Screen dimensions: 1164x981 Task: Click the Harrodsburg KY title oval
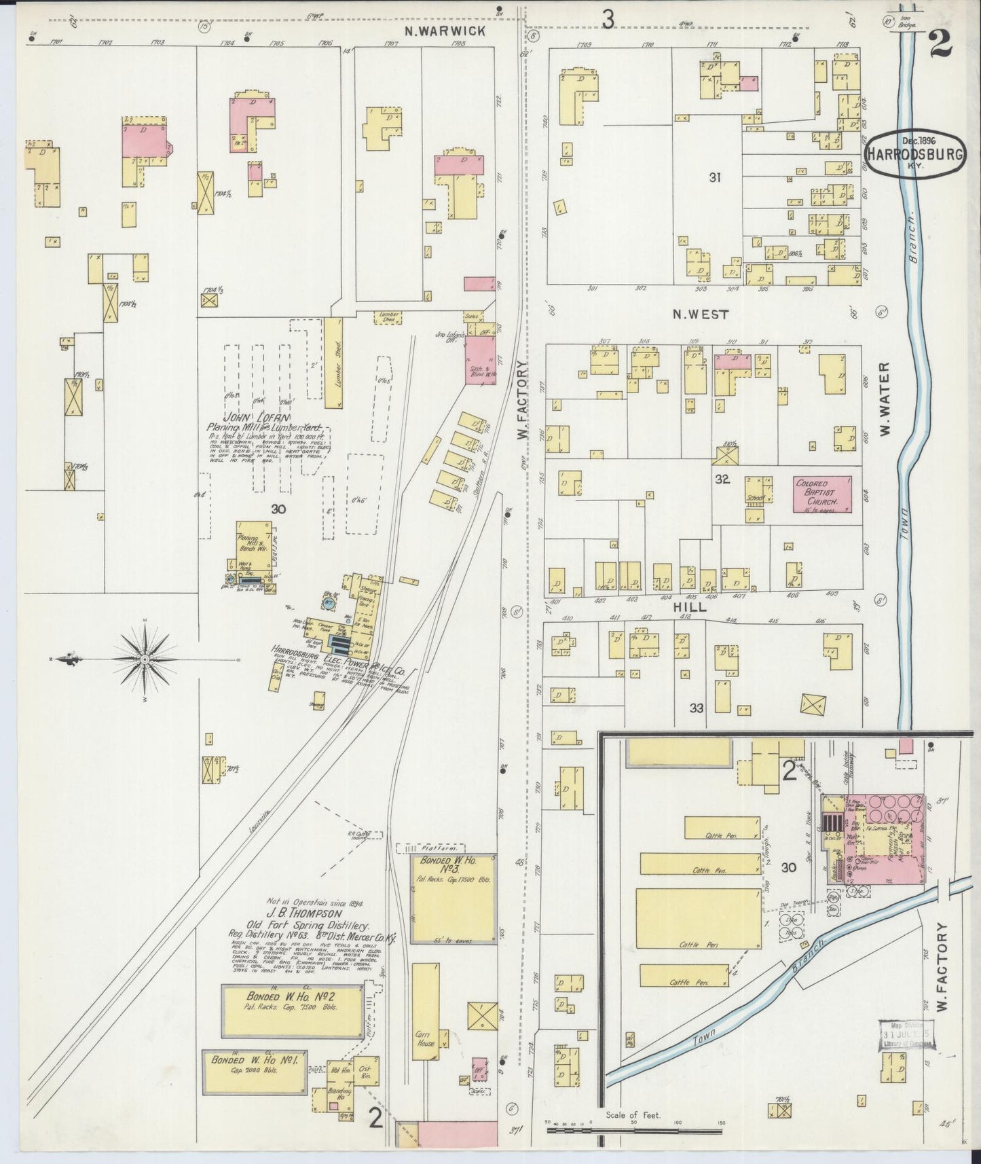[914, 154]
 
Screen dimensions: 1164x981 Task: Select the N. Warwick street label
[445, 31]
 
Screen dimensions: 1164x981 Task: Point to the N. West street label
[700, 314]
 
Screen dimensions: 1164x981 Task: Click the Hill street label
[690, 607]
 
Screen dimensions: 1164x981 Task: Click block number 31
[714, 177]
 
